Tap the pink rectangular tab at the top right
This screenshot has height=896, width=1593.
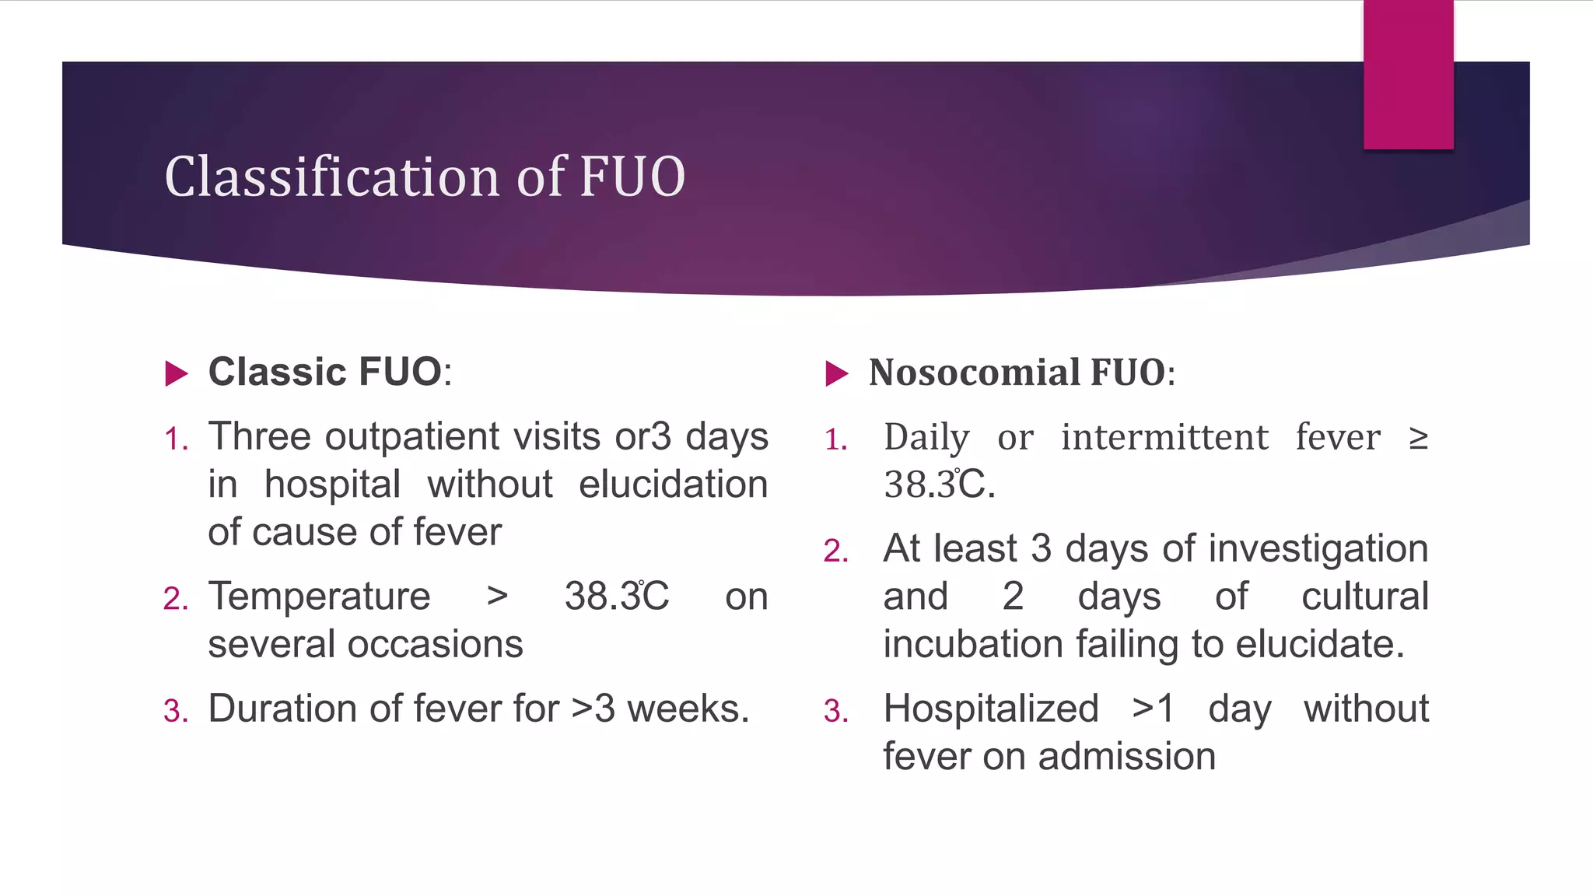point(1408,74)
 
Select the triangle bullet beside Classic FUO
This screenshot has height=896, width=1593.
point(177,373)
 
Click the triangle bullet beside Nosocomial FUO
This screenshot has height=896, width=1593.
point(836,373)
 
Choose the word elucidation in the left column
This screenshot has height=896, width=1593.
point(673,485)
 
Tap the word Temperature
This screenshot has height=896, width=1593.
point(319,597)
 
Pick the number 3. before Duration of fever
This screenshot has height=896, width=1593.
point(176,712)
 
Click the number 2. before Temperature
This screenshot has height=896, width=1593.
point(176,600)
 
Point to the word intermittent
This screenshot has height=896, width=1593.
point(1164,437)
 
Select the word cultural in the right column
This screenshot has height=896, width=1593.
point(1364,597)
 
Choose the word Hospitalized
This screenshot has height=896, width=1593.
point(991,709)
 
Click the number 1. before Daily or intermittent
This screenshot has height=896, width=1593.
point(836,441)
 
